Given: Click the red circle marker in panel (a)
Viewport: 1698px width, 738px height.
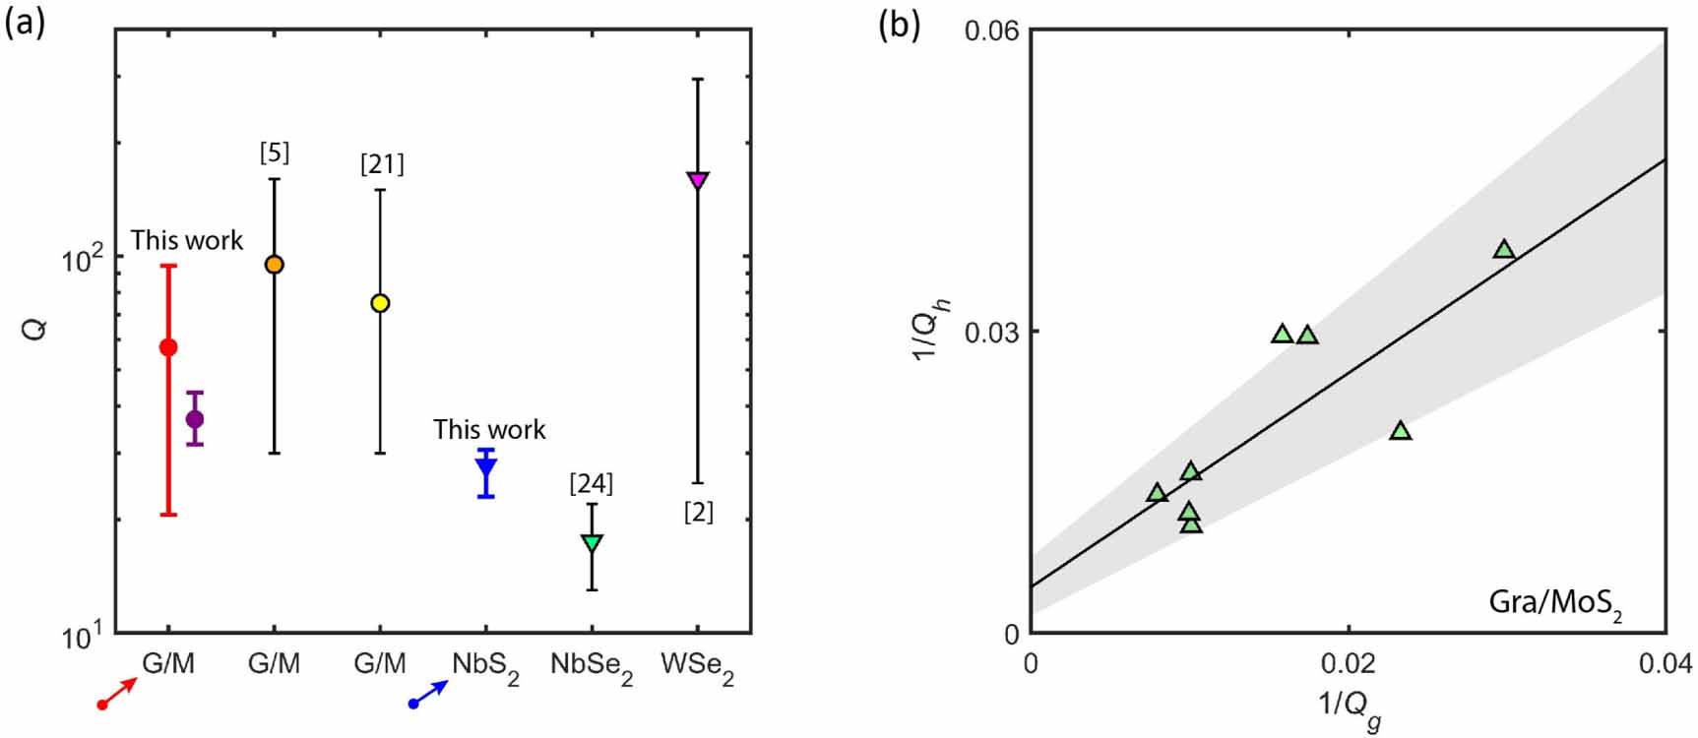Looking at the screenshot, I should [x=168, y=347].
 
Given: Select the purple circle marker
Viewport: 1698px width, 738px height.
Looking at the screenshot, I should [x=195, y=419].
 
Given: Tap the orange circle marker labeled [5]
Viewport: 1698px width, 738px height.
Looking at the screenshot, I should [x=275, y=265].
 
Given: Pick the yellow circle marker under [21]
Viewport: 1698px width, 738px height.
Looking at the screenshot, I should [x=380, y=303].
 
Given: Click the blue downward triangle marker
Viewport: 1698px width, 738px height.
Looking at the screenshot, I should [x=486, y=468].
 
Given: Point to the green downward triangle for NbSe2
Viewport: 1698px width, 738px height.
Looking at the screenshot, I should [x=592, y=542].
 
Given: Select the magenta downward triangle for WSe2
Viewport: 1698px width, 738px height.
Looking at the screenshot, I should [x=698, y=180].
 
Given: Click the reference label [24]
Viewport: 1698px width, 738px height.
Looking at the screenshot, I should [x=592, y=483].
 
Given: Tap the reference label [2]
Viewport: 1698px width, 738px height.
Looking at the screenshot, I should [x=698, y=512].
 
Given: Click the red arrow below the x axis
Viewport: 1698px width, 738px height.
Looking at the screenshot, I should [x=118, y=693].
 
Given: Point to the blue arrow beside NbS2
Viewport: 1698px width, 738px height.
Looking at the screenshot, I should [x=429, y=693].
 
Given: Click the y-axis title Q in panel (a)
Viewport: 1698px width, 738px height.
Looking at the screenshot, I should [x=35, y=331].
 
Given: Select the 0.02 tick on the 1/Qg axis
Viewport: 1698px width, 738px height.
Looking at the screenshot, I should [x=1348, y=662].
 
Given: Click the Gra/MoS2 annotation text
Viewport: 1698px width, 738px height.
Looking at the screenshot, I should [x=1555, y=602].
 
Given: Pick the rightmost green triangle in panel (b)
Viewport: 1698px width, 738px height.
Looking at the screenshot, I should [x=1503, y=250].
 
